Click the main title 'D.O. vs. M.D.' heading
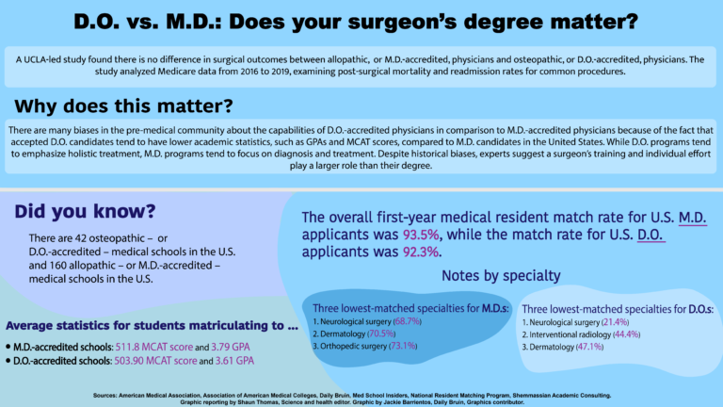pyautogui.click(x=361, y=22)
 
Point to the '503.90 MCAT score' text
pyautogui.click(x=160, y=360)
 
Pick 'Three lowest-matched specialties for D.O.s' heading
pyautogui.click(x=617, y=309)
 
